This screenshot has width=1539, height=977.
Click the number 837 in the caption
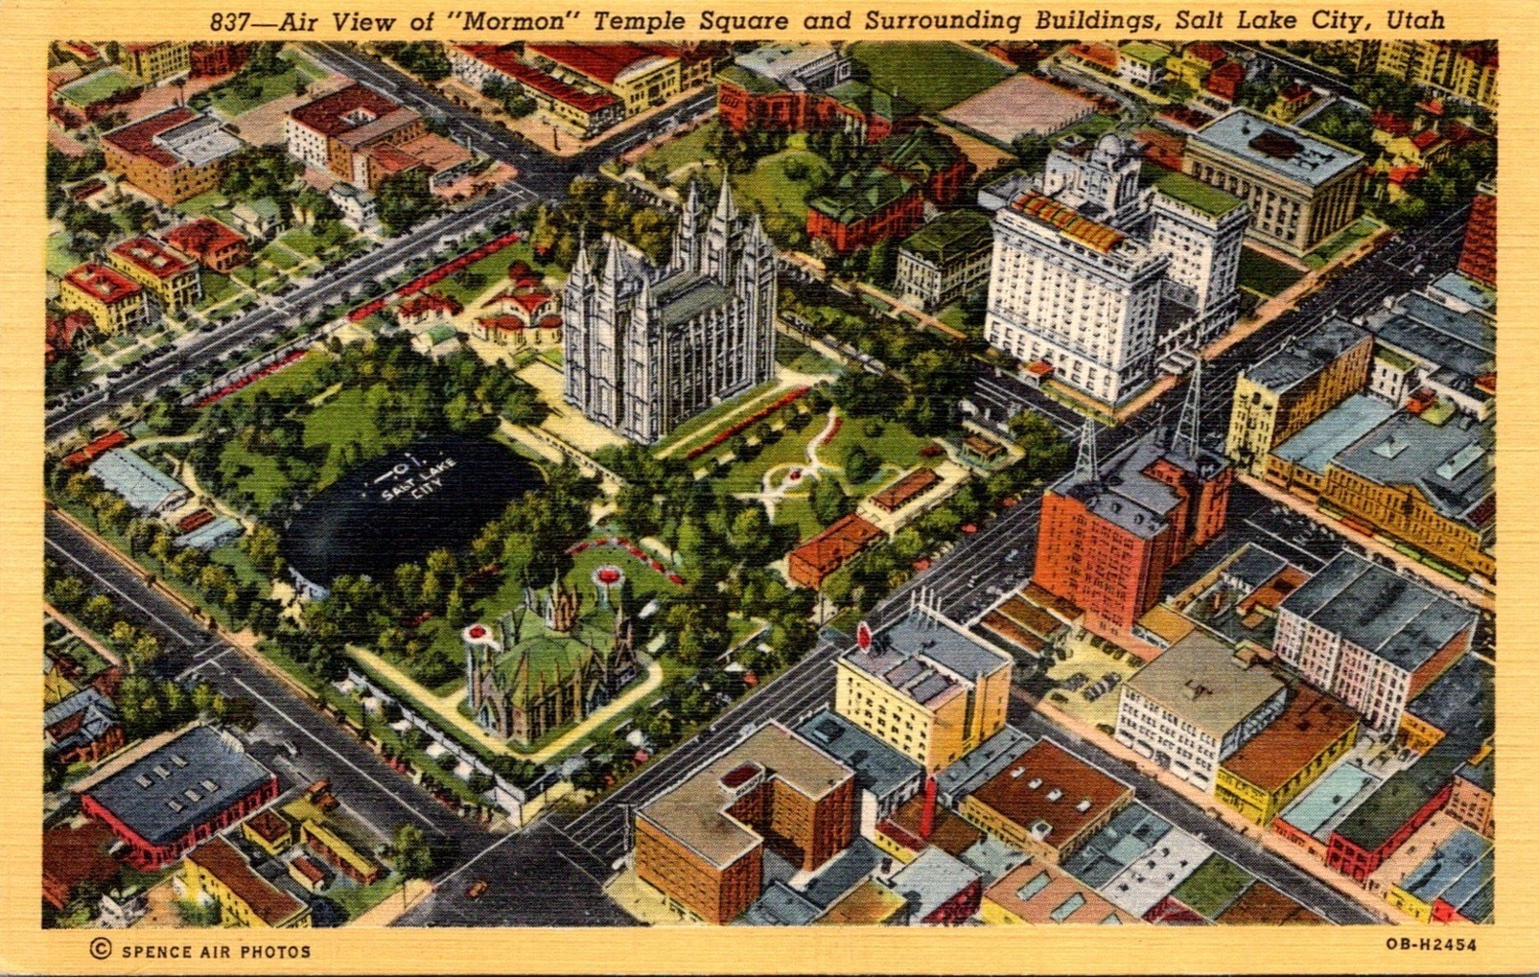click(231, 20)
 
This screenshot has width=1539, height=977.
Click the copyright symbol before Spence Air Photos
click(100, 949)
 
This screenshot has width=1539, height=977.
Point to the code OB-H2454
click(1431, 944)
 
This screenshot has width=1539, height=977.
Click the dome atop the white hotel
click(1110, 151)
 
